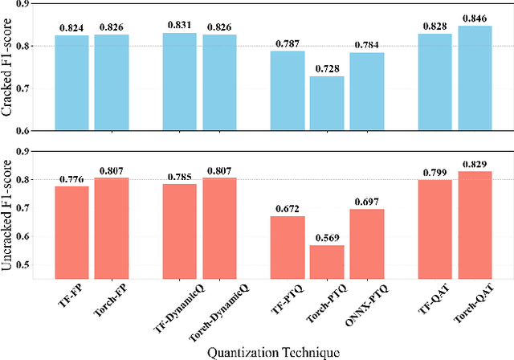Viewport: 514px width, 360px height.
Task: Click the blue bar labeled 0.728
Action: coord(327,103)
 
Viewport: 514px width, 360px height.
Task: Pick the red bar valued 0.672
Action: coord(287,247)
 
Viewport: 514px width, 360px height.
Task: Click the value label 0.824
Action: coord(71,29)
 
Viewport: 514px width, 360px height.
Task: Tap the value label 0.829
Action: coord(474,165)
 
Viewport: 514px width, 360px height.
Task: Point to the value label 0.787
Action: coord(287,44)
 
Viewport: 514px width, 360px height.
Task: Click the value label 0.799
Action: coord(434,173)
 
